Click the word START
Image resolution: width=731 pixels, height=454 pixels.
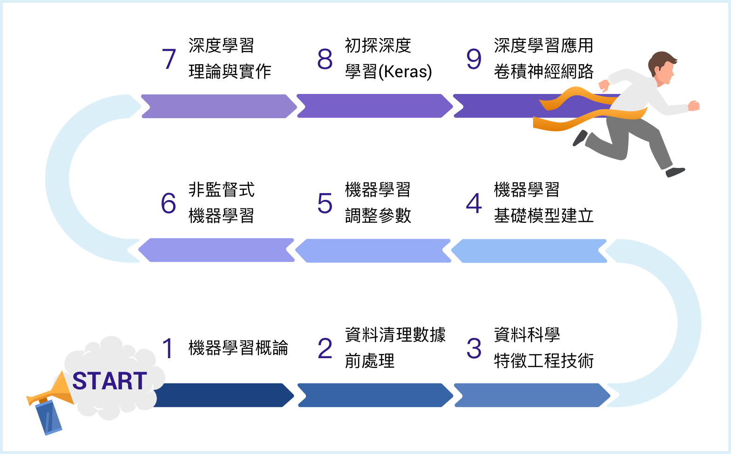point(110,381)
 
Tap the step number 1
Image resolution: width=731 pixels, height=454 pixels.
point(168,348)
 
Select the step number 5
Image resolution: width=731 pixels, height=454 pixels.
point(325,204)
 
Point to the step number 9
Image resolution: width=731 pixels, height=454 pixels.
point(474,59)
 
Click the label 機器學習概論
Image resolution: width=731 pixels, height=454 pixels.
point(238,348)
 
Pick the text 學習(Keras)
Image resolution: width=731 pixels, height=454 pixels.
point(388,72)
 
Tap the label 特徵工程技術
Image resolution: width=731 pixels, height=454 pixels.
point(543,361)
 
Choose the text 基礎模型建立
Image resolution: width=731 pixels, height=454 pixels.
point(543,216)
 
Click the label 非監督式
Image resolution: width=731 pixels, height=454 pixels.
point(221,190)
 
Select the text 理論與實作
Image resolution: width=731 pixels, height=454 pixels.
point(230,72)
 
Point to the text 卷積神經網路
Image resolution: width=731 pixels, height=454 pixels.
point(543,72)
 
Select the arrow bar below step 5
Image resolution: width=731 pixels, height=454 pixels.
point(373,251)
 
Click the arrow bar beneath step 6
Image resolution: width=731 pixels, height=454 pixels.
point(217,250)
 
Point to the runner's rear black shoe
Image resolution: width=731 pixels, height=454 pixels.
point(580,138)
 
